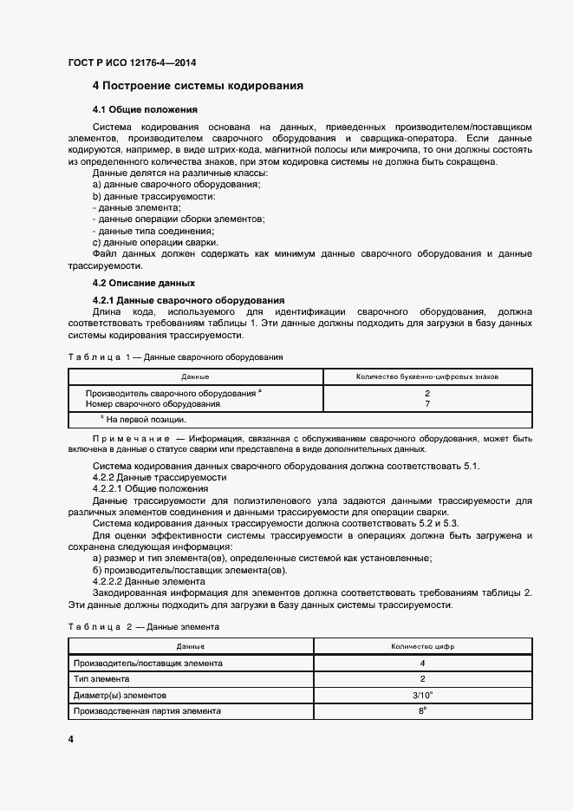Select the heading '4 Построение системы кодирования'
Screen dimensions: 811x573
point(198,86)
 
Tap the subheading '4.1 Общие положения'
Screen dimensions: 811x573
point(146,110)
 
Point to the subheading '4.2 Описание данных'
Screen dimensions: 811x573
point(144,283)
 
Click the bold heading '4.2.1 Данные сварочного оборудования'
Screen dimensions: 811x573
point(183,300)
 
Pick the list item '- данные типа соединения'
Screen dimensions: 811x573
point(153,232)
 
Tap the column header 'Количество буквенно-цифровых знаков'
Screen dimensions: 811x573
point(427,377)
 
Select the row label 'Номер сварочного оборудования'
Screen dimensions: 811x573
point(153,404)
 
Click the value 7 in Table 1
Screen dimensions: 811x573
point(427,404)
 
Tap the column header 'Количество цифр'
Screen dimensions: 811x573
point(422,647)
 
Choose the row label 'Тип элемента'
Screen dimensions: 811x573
point(102,679)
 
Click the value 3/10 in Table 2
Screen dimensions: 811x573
point(422,695)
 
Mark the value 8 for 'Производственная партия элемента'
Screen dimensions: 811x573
point(422,710)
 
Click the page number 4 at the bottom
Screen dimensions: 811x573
point(70,739)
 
